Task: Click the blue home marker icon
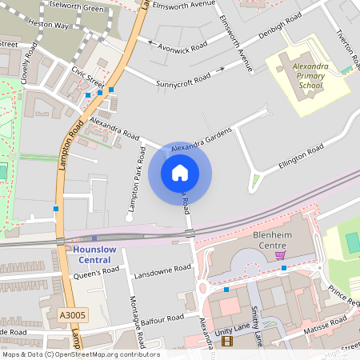click(180, 173)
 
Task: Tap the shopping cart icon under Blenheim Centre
click(280, 255)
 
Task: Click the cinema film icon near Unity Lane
click(226, 342)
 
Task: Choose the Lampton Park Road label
click(134, 183)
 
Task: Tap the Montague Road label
click(137, 323)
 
